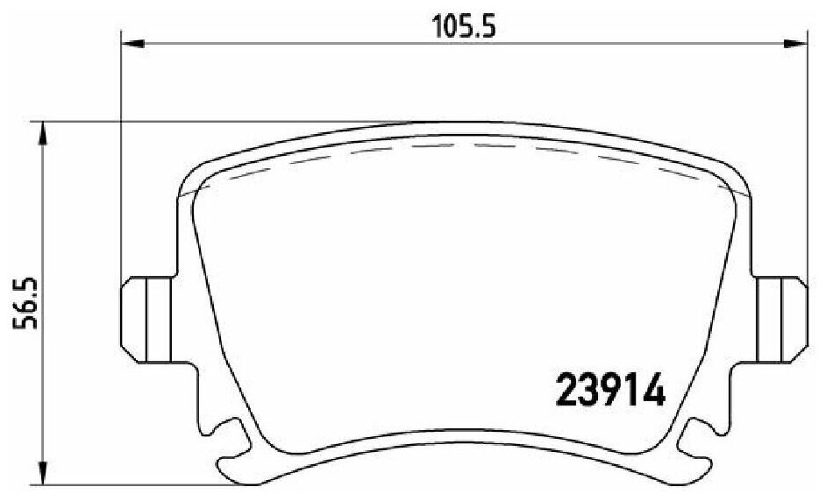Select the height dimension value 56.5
(x=25, y=301)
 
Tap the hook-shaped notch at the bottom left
(x=231, y=438)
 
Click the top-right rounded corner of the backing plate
(x=732, y=175)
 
